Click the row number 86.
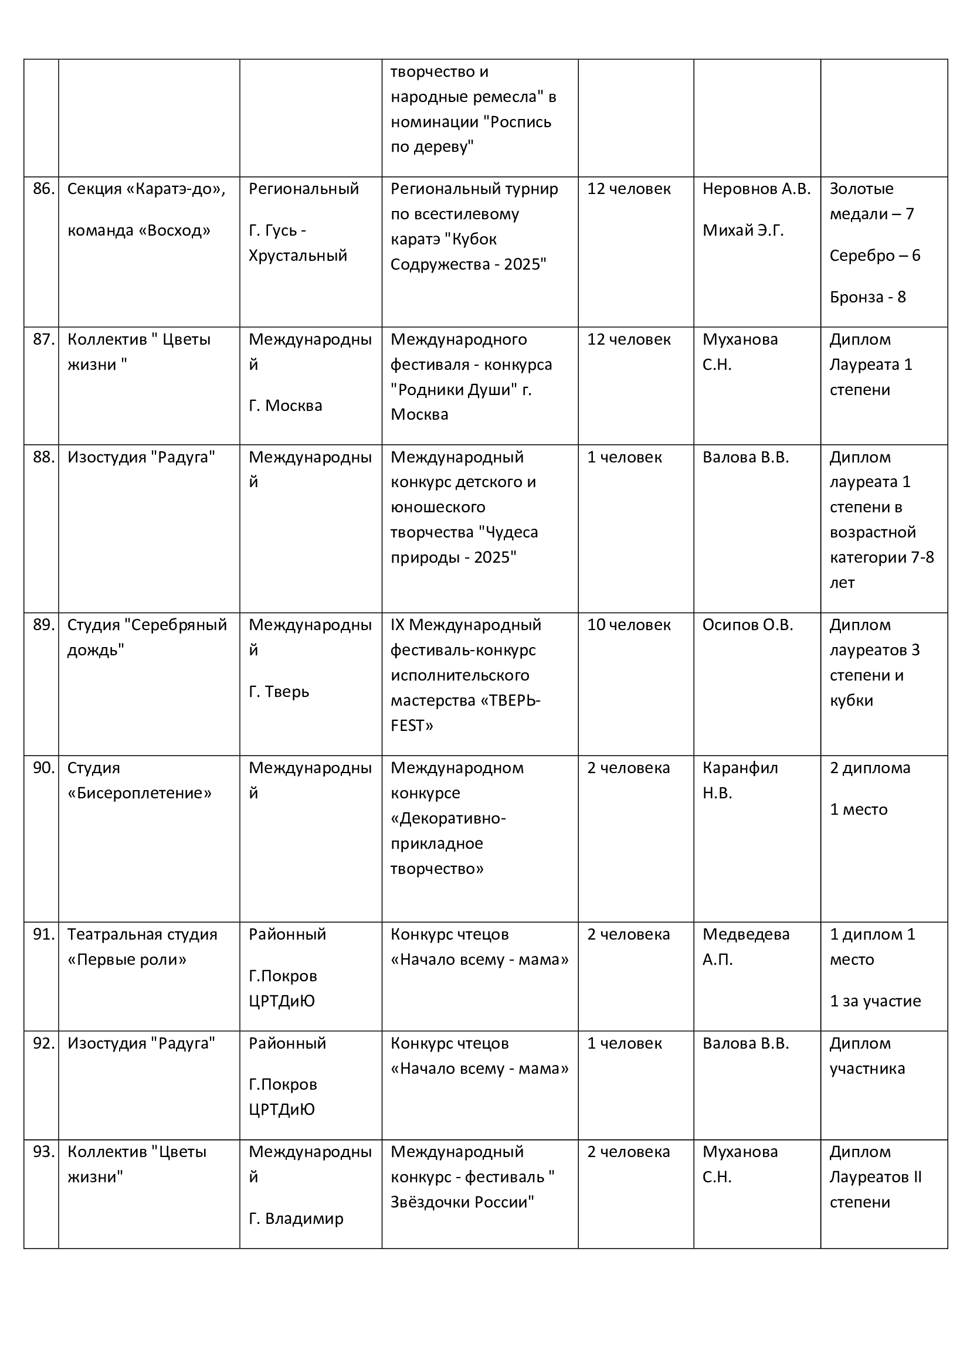click(x=43, y=189)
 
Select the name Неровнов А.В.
click(x=756, y=189)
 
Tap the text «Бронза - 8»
click(x=867, y=297)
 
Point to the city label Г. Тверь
click(x=279, y=692)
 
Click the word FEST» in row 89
click(x=412, y=726)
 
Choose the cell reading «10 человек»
click(x=628, y=625)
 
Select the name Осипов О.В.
click(x=747, y=625)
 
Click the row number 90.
click(x=43, y=768)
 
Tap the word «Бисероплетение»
click(x=139, y=793)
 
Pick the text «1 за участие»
click(x=875, y=1001)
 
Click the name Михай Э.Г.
click(x=742, y=230)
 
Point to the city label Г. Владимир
click(x=296, y=1218)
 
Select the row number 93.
click(x=43, y=1151)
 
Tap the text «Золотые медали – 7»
click(x=871, y=201)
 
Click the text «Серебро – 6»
click(x=874, y=256)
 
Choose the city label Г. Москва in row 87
click(x=285, y=406)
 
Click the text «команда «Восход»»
click(x=138, y=230)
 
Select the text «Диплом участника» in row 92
click(x=867, y=1056)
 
